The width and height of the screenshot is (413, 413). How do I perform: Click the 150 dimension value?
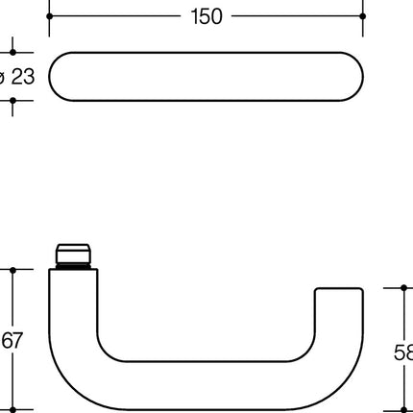point(206,16)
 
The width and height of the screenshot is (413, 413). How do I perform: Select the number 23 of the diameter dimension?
point(21,76)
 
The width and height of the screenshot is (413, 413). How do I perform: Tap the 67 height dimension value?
point(12,340)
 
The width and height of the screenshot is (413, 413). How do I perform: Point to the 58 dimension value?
point(403,352)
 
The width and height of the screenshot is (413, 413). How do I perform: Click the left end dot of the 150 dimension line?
point(49,16)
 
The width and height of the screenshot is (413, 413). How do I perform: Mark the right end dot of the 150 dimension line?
point(363,16)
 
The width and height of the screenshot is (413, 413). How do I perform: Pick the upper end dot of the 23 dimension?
point(12,53)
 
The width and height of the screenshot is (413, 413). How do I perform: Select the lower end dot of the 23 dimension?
point(12,101)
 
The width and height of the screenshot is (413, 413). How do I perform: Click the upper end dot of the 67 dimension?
point(12,270)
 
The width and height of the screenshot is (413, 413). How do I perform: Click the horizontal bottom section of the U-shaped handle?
point(206,384)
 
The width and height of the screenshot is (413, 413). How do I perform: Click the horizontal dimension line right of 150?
point(298,16)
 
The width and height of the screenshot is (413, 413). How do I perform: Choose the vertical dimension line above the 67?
point(12,298)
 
